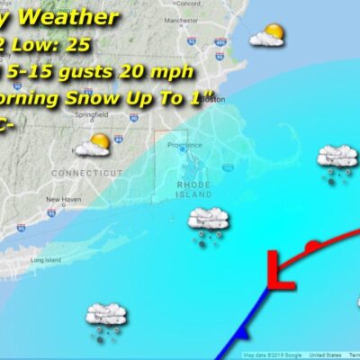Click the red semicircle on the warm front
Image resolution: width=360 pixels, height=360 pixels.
pos(311,245)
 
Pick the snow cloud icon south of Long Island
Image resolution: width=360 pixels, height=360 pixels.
pos(105,318)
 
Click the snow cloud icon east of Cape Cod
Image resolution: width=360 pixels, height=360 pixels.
pos(337,161)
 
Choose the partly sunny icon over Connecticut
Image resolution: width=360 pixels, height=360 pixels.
pos(93,144)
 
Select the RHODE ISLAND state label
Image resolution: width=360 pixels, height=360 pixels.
pos(193,188)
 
